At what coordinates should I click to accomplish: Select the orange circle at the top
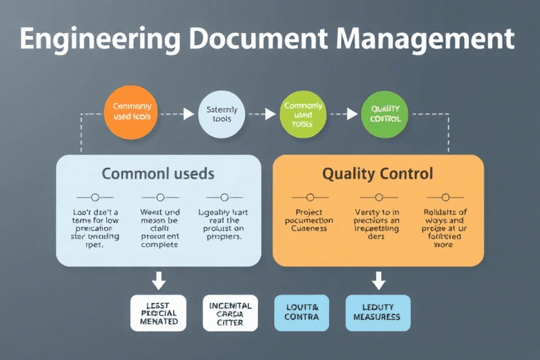(x=131, y=111)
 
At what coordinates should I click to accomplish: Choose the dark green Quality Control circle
(x=385, y=114)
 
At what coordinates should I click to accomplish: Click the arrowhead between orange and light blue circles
(x=188, y=112)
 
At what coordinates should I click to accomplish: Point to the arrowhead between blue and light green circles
(x=270, y=112)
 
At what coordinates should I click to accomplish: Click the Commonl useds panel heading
(x=158, y=172)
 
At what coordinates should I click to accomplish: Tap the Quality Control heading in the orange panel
(x=378, y=173)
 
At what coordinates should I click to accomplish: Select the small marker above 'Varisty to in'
(x=378, y=198)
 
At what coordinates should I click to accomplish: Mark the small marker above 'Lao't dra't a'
(x=96, y=198)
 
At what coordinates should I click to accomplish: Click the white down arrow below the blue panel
(x=159, y=281)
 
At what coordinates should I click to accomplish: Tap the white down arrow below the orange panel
(x=378, y=281)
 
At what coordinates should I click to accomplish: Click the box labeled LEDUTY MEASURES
(x=378, y=312)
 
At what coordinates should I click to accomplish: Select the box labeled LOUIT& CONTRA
(x=302, y=312)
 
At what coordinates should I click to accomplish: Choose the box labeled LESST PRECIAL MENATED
(x=159, y=312)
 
